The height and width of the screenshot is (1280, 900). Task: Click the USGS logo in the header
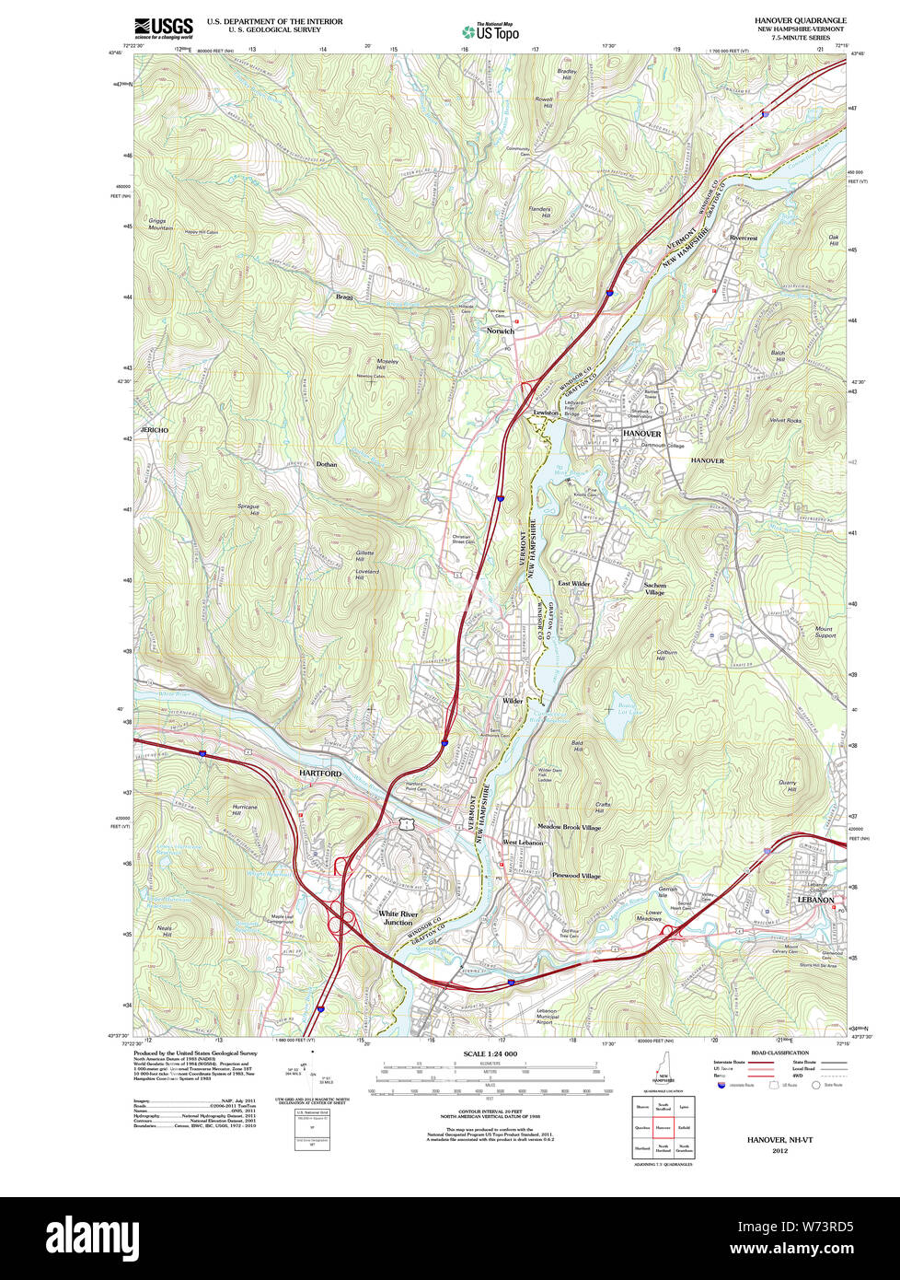[x=164, y=28]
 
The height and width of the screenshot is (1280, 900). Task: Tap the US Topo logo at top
[x=490, y=31]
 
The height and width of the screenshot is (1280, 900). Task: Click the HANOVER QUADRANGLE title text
[x=800, y=20]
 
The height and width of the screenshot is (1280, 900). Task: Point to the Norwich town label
[x=501, y=331]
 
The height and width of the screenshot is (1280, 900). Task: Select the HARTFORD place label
[x=319, y=774]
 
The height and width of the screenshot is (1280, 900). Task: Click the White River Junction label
[x=398, y=918]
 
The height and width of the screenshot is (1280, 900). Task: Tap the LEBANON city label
[x=815, y=900]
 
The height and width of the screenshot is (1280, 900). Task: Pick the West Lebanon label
[x=523, y=843]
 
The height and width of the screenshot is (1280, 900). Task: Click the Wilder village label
[x=513, y=701]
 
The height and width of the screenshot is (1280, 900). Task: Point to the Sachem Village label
[x=654, y=588]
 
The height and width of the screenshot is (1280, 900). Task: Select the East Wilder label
[x=574, y=584]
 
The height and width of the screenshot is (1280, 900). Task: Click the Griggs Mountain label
[x=160, y=224]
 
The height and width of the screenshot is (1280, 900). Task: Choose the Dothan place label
[x=327, y=465]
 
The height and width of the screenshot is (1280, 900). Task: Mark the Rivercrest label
[x=743, y=238]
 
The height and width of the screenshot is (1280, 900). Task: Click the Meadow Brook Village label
[x=569, y=827]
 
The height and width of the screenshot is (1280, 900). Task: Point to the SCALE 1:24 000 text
[x=490, y=1053]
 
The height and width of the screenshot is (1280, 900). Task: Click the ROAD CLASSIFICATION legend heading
[x=779, y=1053]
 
